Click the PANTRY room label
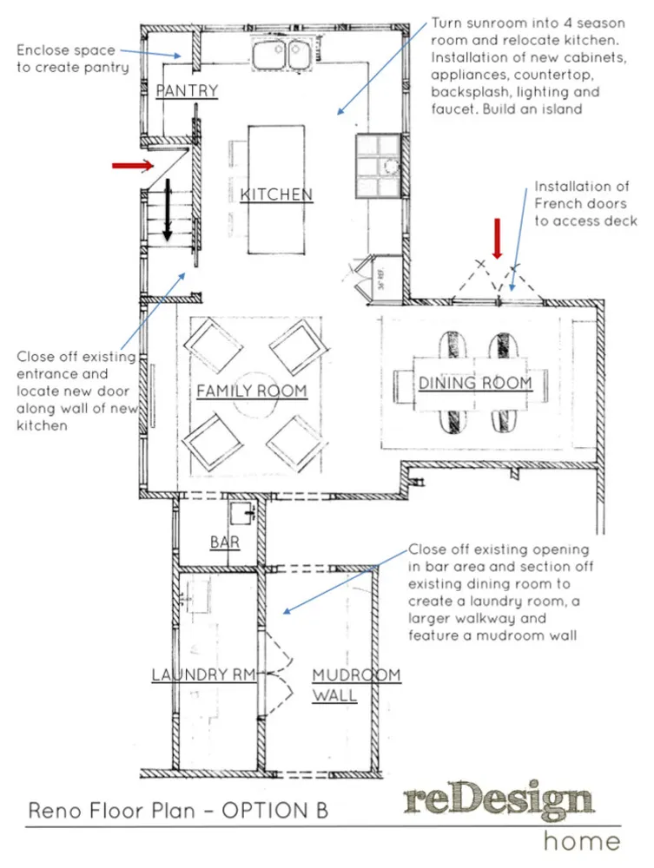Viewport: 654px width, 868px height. point(187,90)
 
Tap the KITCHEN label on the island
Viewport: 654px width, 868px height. point(276,194)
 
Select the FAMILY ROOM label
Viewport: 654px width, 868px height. point(251,391)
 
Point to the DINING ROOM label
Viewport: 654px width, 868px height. point(475,383)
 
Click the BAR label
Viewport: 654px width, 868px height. point(225,542)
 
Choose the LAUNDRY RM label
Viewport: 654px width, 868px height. point(204,674)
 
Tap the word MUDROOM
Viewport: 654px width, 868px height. point(356,674)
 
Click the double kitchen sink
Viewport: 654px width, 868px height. point(281,55)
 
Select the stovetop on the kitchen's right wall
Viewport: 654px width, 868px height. point(378,166)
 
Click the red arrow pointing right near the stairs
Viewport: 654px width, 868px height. point(133,165)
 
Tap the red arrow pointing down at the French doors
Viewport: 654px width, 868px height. point(498,239)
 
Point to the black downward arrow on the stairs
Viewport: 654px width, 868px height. point(168,210)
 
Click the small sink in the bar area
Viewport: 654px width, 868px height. point(242,513)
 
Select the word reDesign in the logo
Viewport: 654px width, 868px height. point(499,800)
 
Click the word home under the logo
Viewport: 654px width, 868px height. point(581,840)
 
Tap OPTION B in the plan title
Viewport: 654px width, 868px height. point(275,811)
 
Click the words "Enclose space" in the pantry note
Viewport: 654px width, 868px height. point(66,50)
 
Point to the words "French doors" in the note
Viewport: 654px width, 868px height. point(580,204)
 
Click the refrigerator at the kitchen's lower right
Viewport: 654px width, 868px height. point(382,279)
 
